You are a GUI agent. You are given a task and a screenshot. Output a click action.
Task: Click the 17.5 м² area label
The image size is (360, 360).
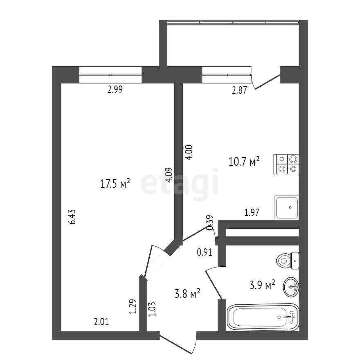coord(115,184)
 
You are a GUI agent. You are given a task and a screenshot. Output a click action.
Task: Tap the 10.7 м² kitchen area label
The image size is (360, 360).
coord(244,162)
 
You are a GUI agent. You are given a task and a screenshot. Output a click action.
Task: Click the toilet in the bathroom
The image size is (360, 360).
coord(288,260)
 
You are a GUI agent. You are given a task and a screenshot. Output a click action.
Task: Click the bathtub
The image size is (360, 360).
coord(263,317)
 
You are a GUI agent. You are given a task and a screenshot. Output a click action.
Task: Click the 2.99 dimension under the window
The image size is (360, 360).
coord(115,90)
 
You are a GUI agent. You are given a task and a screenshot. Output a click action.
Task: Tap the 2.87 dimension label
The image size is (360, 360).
coord(239,91)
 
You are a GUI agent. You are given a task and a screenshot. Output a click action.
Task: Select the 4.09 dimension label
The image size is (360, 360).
coord(168,175)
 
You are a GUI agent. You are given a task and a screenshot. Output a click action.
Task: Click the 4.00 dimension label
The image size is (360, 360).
coord(189,153)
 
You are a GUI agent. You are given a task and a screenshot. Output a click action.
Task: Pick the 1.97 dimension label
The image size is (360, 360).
coord(252,212)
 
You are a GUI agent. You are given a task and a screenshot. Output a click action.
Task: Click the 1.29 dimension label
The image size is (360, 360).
coord(132,307)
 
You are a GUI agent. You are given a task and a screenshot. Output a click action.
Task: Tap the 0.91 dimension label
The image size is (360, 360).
coord(205,252)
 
